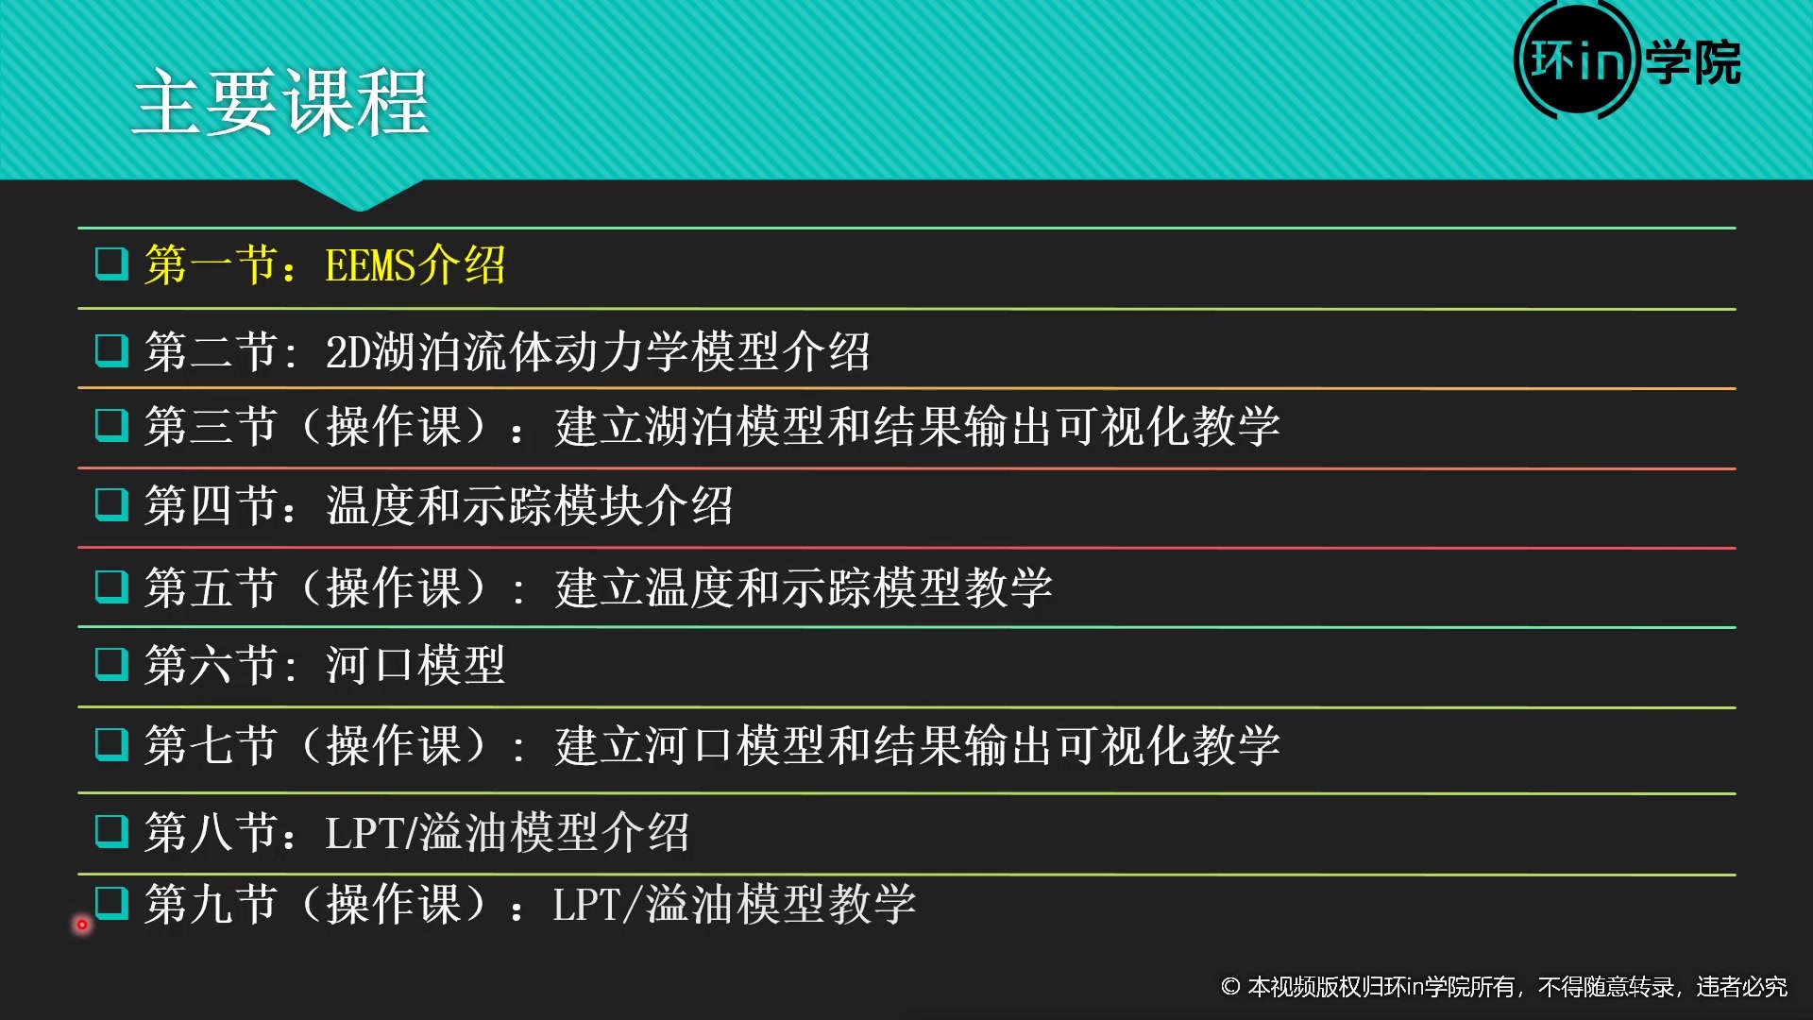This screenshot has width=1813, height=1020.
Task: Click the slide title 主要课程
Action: pos(281,102)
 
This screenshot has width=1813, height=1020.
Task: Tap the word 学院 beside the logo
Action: pos(1693,63)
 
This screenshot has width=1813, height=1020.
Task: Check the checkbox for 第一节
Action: pos(112,263)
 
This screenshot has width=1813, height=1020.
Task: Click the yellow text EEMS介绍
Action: pos(415,265)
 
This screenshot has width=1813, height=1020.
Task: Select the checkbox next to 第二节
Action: pos(112,350)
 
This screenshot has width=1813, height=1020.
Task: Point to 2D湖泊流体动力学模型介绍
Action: pos(597,352)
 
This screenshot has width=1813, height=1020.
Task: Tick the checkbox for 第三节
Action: pos(112,425)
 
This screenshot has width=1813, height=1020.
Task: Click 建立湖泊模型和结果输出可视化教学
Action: pos(917,427)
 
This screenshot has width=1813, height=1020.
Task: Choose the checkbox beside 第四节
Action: pos(112,504)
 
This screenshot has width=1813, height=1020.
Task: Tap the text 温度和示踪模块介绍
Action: pos(529,506)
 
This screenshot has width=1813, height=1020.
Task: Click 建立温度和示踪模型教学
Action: pos(803,587)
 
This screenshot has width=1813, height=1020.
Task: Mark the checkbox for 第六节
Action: pos(112,664)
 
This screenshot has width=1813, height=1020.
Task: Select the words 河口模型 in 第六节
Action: pos(415,666)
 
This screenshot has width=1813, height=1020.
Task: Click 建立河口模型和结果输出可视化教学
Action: pos(917,746)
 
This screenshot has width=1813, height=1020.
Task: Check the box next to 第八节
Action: pos(112,831)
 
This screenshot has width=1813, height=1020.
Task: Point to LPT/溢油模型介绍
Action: pos(507,833)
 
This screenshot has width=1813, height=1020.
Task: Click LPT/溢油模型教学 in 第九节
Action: pos(734,905)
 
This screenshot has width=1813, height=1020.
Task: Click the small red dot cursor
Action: pos(82,925)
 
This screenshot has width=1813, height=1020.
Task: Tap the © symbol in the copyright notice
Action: pos(1230,987)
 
